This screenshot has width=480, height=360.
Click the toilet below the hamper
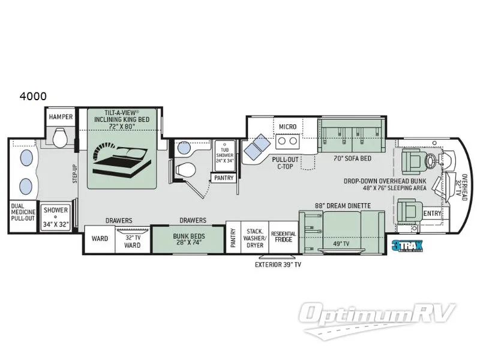coord(59,140)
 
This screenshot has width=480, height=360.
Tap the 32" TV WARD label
coord(132,241)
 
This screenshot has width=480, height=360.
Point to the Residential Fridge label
coord(283,237)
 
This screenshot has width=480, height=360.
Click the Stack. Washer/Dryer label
coord(254,237)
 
